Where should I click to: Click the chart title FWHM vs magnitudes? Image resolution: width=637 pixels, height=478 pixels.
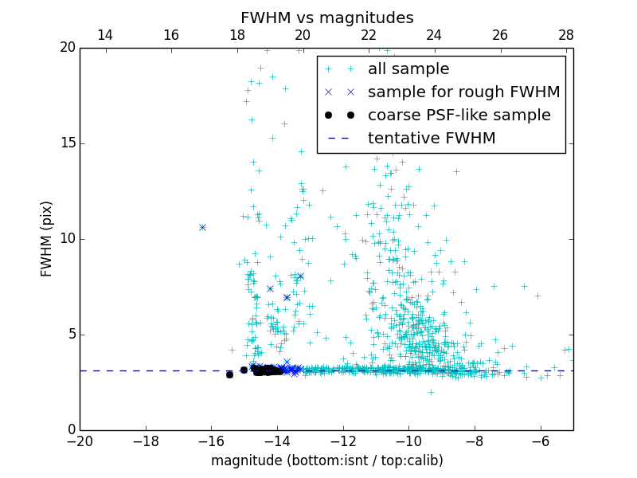[x=326, y=18]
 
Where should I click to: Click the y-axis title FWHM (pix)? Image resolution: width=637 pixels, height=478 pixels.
[x=47, y=239]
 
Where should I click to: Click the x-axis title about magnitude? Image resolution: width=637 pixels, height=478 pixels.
[x=326, y=460]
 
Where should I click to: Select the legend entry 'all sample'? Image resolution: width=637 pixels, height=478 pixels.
[x=408, y=69]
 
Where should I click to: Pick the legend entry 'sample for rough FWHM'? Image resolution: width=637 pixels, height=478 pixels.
[x=463, y=92]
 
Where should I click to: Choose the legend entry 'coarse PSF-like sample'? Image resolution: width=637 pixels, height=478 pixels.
[x=459, y=116]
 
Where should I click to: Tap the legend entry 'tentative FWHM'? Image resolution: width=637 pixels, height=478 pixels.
[x=432, y=139]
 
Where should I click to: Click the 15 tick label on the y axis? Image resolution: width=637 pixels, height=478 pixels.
[x=67, y=143]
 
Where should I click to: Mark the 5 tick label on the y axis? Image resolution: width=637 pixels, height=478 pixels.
[x=70, y=335]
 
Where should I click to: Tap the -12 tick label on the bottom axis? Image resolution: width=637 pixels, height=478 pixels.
[x=342, y=440]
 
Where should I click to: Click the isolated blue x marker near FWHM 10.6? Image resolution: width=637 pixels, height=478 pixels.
[x=202, y=227]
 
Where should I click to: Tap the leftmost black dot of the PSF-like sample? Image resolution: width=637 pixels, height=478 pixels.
[x=229, y=374]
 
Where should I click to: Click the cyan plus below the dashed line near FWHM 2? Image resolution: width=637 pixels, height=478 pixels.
[x=431, y=391]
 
